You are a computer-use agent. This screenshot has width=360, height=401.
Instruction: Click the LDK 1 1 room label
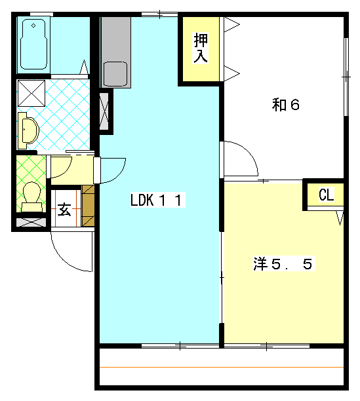155,200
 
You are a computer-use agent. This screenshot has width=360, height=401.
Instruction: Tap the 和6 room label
286,105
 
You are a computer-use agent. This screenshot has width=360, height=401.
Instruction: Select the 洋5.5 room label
285,264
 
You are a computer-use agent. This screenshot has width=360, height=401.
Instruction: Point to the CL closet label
326,195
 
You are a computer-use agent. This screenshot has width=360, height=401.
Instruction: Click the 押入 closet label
201,48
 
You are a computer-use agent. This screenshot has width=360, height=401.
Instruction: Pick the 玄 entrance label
64,210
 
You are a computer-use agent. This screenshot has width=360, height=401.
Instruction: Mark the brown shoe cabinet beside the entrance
88,206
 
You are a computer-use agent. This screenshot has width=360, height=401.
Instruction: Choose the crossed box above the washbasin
30,92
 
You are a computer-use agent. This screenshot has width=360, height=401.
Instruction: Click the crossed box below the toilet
30,221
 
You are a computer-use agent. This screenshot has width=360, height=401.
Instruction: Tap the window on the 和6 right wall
345,77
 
